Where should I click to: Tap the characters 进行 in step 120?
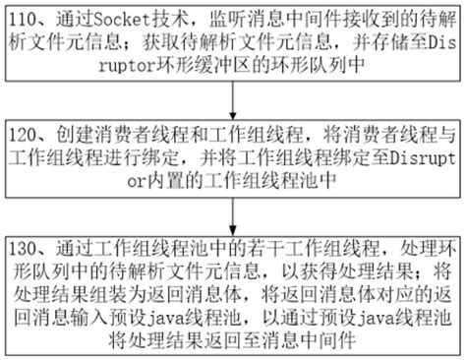(x=134, y=154)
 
